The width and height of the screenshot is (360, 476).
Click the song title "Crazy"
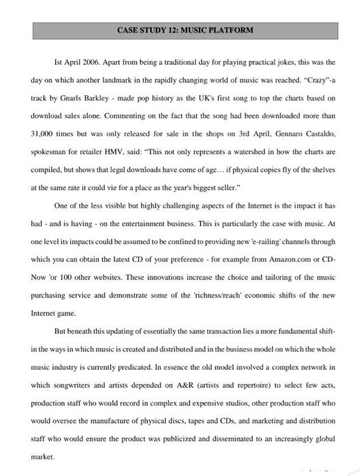point(316,80)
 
